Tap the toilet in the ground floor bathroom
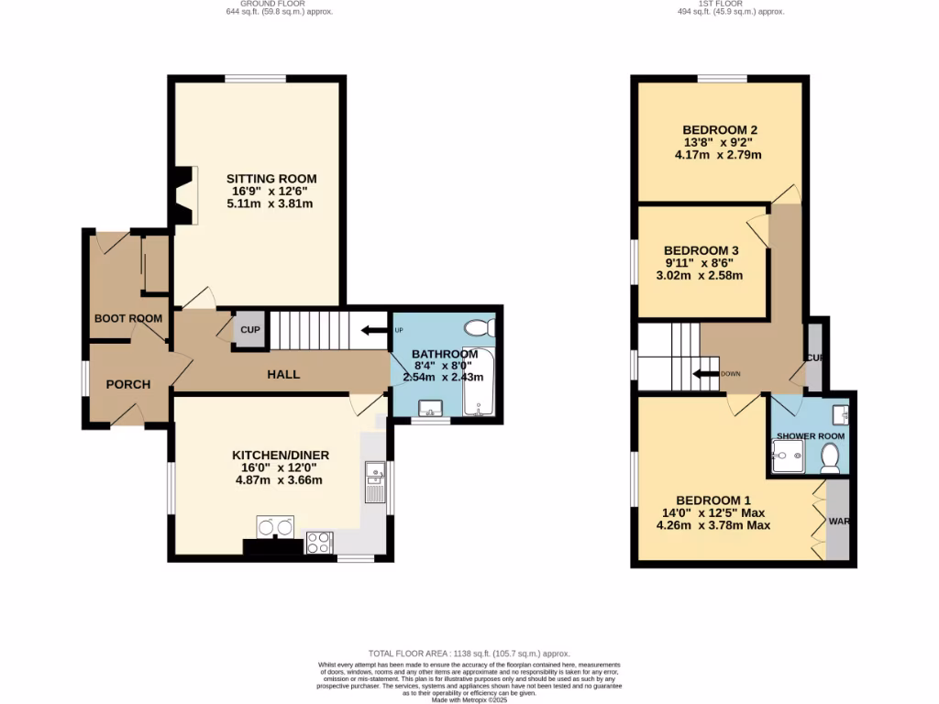(x=479, y=328)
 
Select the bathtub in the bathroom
(x=479, y=383)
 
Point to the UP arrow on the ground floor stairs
(x=375, y=331)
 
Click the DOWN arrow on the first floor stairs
(x=706, y=373)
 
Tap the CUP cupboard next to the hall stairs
(x=249, y=330)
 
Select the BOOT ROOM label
(x=127, y=318)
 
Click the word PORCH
(x=127, y=384)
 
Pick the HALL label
(x=283, y=374)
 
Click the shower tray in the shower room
(x=788, y=455)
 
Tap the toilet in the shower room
(x=832, y=457)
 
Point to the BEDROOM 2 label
(x=720, y=129)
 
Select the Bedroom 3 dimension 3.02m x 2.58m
(x=702, y=275)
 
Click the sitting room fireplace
(x=186, y=195)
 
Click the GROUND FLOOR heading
(x=279, y=5)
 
